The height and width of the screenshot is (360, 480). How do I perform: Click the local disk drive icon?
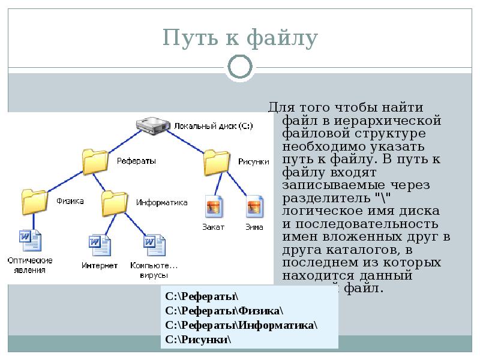[153, 125]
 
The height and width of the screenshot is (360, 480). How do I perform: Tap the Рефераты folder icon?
[95, 160]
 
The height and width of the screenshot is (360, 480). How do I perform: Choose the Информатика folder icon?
[115, 203]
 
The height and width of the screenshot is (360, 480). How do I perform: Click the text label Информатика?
[161, 203]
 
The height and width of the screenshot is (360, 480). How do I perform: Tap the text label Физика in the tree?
[70, 200]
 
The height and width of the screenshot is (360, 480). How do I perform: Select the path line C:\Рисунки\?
[198, 340]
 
